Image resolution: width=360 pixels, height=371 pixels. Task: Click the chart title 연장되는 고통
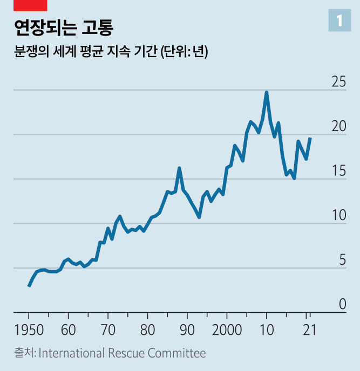(64, 27)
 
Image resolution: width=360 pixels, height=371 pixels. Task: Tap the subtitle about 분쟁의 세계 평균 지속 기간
(111, 52)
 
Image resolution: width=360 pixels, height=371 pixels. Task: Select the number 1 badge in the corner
(339, 21)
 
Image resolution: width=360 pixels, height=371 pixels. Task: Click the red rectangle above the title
(30, 5)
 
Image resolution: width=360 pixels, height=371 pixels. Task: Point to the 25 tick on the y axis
(338, 83)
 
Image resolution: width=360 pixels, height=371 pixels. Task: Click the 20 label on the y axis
(338, 127)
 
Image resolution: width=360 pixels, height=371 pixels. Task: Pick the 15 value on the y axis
(338, 171)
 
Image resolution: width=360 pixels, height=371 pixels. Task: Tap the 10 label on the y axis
(338, 216)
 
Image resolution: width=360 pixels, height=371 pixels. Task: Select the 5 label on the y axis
(342, 260)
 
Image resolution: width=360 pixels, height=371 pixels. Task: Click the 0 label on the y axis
(342, 305)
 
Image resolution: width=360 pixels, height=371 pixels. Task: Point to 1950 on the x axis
(29, 330)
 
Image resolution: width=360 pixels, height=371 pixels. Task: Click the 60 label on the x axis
(69, 330)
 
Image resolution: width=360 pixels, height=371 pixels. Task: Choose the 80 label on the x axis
(148, 330)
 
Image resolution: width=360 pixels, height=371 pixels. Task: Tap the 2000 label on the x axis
(227, 330)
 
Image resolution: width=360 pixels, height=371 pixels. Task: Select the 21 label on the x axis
(307, 330)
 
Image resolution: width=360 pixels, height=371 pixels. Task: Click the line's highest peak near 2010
(267, 92)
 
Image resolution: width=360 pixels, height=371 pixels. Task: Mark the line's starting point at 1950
(29, 286)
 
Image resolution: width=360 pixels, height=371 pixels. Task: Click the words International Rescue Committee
(123, 354)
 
